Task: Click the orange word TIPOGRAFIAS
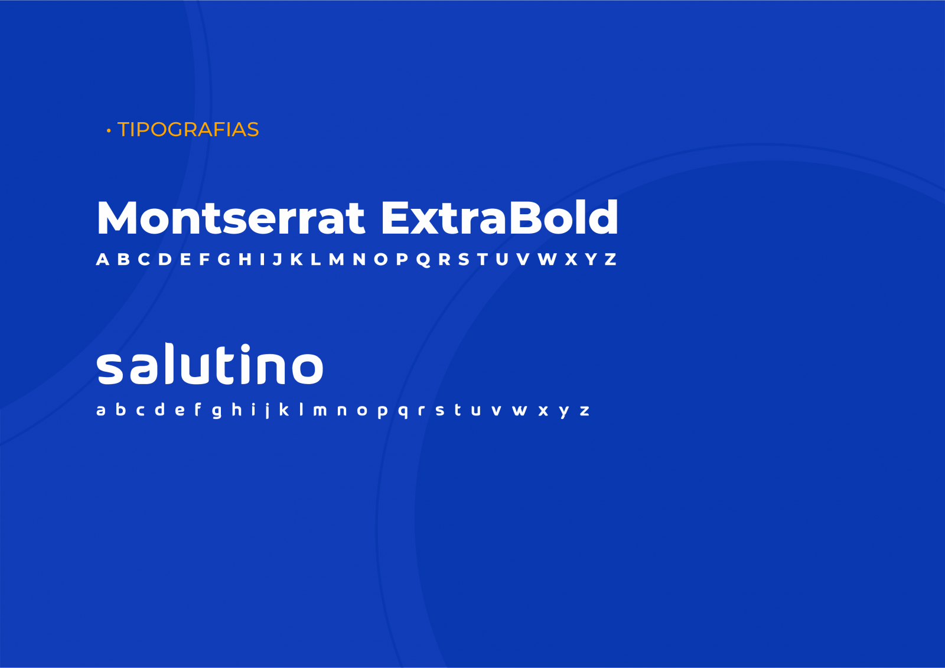click(x=188, y=129)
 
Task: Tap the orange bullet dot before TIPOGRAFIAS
click(x=109, y=131)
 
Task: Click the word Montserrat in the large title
click(x=231, y=218)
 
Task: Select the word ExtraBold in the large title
click(x=500, y=217)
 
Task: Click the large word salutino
click(x=210, y=364)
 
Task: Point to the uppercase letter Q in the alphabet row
click(x=423, y=260)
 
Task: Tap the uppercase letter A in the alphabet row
click(x=103, y=259)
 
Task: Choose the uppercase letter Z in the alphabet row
click(x=611, y=259)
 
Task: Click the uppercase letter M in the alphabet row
click(x=336, y=259)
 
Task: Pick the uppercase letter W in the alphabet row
click(x=547, y=259)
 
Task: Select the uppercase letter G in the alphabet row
click(x=224, y=259)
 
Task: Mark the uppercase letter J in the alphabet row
click(x=277, y=259)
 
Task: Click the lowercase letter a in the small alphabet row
click(x=101, y=410)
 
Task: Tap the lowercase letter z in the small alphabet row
click(x=584, y=410)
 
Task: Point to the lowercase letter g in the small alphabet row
click(x=217, y=411)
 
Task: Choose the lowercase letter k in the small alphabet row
click(x=284, y=409)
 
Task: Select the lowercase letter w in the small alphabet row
click(x=520, y=410)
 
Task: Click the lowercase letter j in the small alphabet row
click(x=268, y=411)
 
